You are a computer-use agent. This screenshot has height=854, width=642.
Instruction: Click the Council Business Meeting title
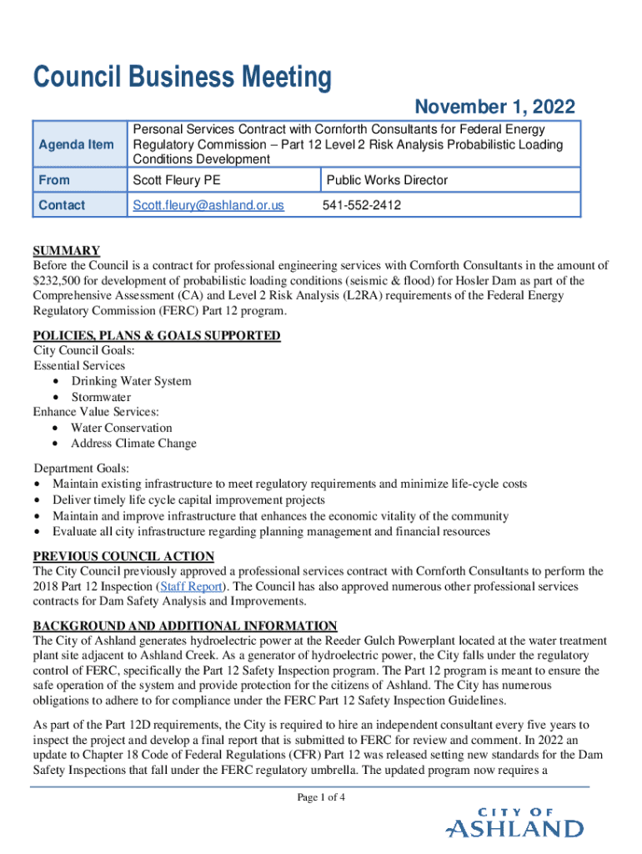182,78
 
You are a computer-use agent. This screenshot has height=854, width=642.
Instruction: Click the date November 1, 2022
494,108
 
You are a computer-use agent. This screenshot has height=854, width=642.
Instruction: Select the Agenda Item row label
76,145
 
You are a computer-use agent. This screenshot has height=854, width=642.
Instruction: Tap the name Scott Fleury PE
177,180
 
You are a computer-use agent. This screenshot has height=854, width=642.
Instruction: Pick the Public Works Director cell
387,180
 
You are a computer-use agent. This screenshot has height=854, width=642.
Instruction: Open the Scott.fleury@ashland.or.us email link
208,205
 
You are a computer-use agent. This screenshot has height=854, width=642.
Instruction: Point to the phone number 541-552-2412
362,205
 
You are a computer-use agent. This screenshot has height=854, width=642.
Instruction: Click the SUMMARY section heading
67,251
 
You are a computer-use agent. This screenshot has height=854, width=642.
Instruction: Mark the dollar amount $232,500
63,281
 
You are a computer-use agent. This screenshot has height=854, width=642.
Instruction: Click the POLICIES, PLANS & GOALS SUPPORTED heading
157,336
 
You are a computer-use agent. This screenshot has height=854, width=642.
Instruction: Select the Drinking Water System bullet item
131,381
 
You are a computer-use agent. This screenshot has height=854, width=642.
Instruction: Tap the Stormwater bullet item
101,397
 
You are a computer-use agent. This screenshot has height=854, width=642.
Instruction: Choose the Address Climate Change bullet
133,444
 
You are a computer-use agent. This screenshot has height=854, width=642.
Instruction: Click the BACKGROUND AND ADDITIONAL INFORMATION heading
185,626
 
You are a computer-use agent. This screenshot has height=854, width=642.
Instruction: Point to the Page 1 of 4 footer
321,798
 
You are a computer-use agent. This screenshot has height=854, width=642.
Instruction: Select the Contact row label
62,205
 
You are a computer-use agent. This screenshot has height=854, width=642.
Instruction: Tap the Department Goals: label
81,469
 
